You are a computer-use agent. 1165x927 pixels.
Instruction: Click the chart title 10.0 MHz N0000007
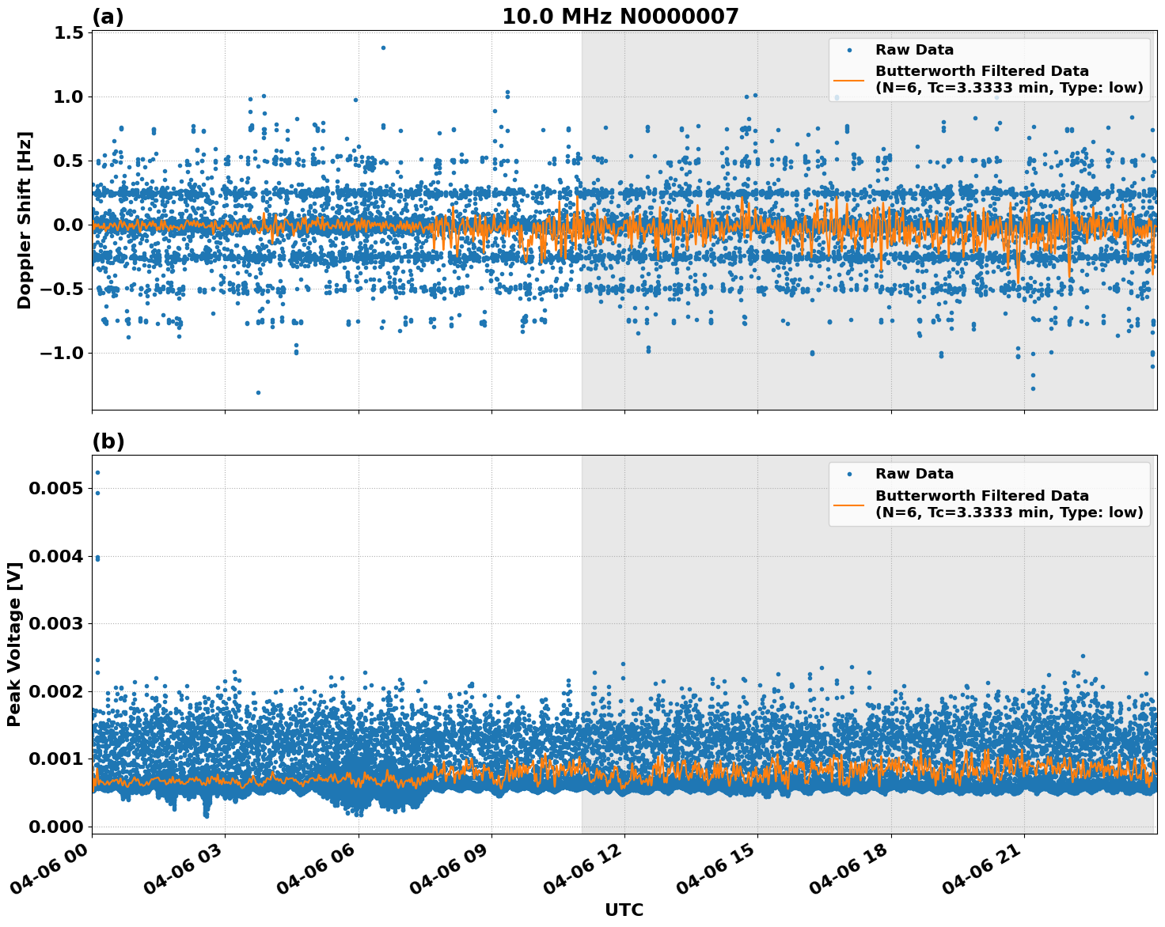tap(620, 17)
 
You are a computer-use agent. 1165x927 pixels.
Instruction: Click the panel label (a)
tap(108, 17)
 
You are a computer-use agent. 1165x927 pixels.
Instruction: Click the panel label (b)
tap(108, 441)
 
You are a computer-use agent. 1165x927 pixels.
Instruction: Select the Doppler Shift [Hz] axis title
tap(25, 220)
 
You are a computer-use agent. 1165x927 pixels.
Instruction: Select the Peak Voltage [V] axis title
tap(14, 645)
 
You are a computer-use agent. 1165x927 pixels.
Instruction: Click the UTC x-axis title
tap(624, 910)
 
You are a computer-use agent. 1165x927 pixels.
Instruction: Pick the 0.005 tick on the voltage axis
tap(55, 489)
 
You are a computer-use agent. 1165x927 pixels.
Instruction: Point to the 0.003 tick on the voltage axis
tap(55, 624)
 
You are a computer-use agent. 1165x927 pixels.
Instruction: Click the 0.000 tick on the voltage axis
tap(55, 827)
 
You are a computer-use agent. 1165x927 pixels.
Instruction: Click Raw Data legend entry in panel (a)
tap(914, 50)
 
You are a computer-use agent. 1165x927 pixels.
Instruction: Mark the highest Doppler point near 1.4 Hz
tap(383, 47)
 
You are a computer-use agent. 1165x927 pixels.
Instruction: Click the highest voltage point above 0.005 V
tap(97, 472)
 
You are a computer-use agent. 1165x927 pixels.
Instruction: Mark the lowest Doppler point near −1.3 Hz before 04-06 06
tap(258, 392)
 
